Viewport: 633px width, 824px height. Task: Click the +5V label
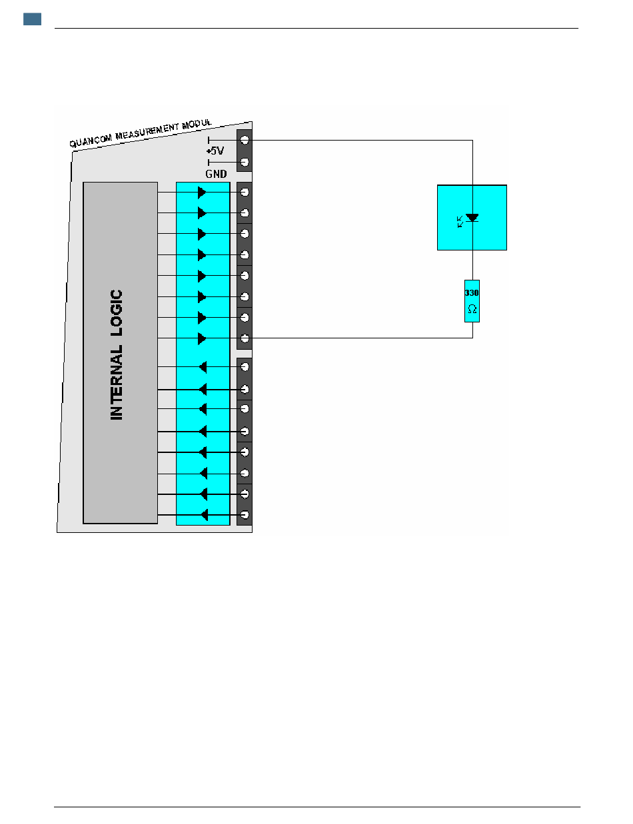point(215,151)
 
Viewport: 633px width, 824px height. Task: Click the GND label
point(216,174)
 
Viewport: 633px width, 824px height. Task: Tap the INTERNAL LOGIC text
point(117,354)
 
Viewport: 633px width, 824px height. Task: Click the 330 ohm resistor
point(472,301)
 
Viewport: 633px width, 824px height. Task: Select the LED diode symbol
point(472,218)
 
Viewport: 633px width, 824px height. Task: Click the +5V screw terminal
point(245,141)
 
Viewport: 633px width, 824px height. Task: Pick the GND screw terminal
point(245,162)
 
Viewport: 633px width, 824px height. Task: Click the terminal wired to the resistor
point(245,338)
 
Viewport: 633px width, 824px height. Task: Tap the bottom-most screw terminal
point(245,515)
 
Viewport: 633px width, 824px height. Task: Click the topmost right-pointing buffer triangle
point(202,192)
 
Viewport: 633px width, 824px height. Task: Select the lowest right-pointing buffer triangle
point(202,338)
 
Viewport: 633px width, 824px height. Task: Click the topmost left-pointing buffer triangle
point(203,367)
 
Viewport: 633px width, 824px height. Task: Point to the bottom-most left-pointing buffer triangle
point(205,515)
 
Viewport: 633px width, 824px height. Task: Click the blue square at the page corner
point(32,19)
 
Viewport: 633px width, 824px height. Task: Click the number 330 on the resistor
point(472,292)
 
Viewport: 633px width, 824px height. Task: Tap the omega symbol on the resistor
point(472,310)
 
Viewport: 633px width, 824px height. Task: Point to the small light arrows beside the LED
point(460,222)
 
